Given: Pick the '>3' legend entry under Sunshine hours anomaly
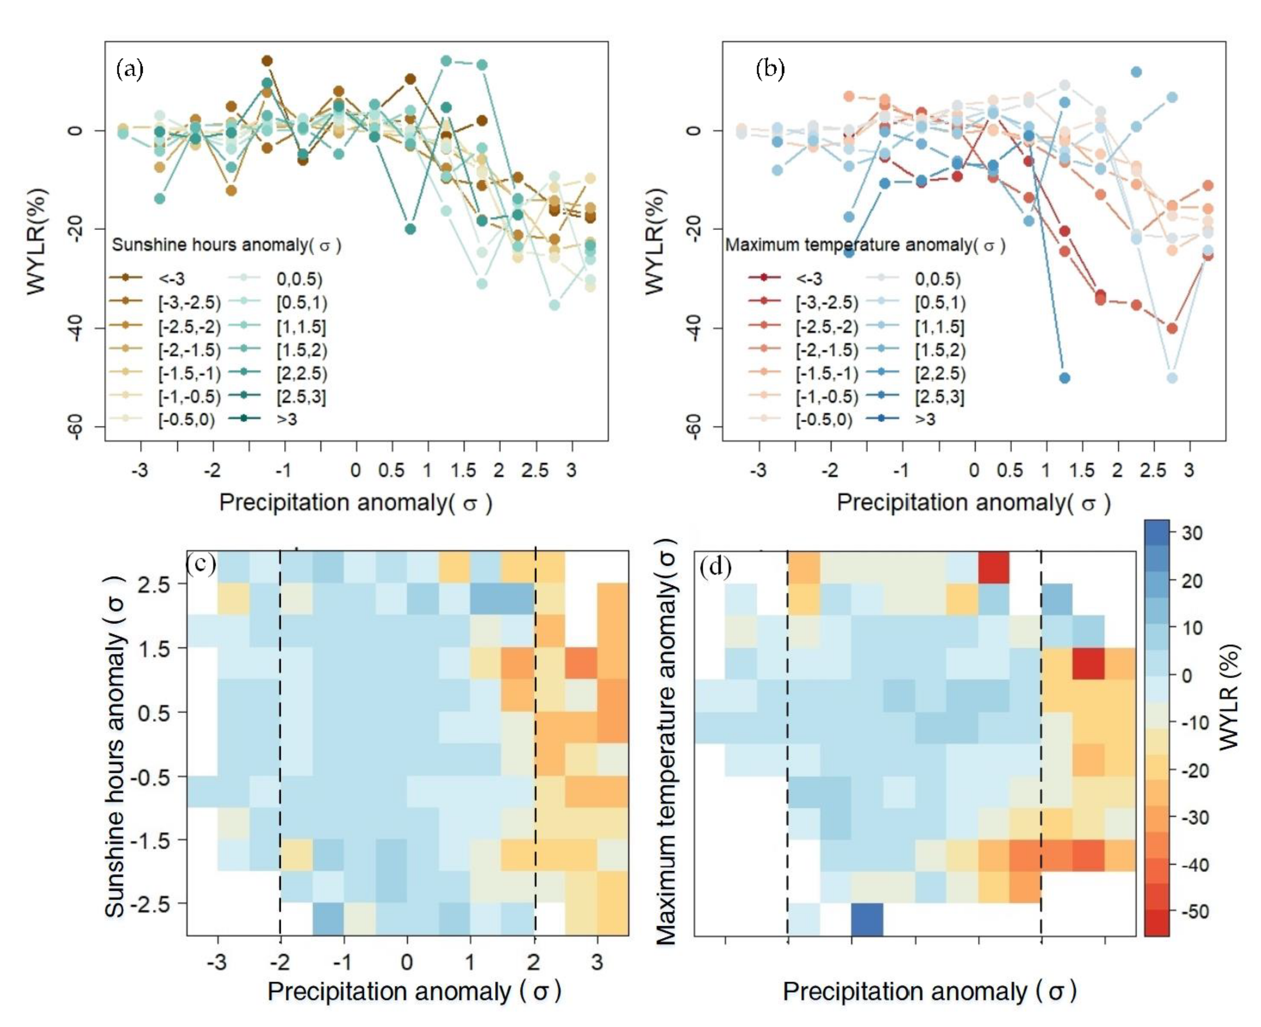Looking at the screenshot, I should (x=287, y=419).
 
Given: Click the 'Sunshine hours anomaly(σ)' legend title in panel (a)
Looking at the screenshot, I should (x=226, y=245).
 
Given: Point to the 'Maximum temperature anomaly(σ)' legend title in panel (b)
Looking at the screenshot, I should (x=865, y=245).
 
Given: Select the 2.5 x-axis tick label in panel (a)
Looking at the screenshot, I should (x=535, y=470).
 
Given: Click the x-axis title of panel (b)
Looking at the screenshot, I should (x=974, y=502).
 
